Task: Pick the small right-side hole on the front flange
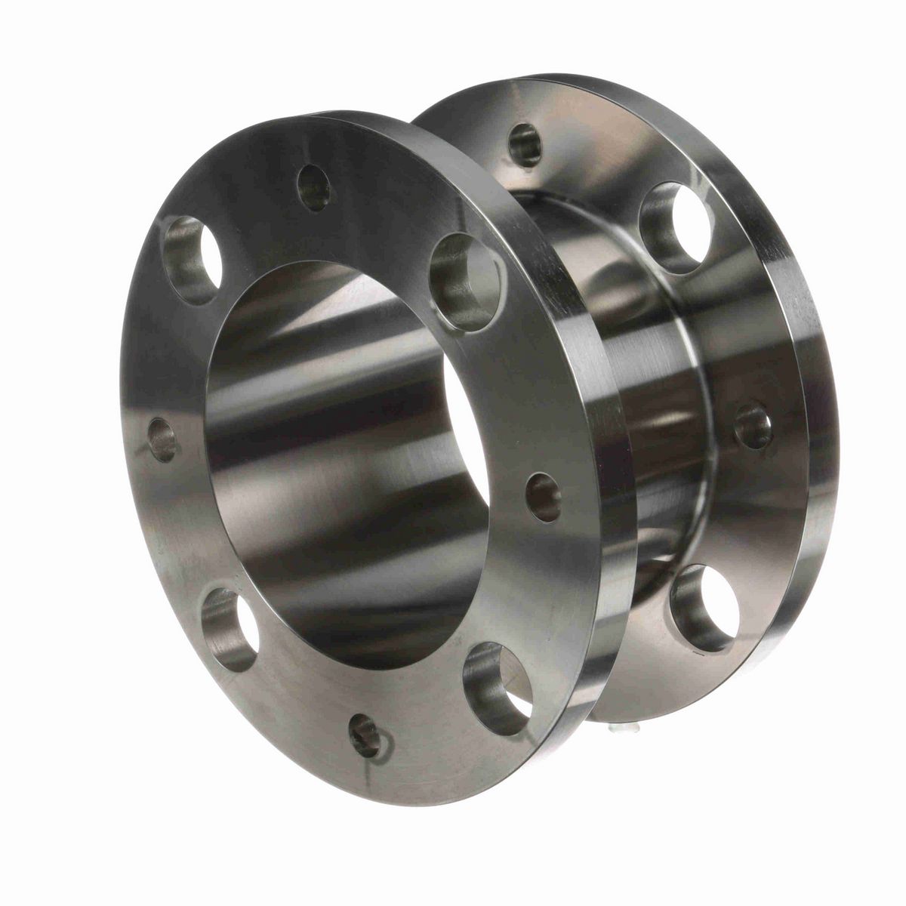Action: point(544,497)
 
